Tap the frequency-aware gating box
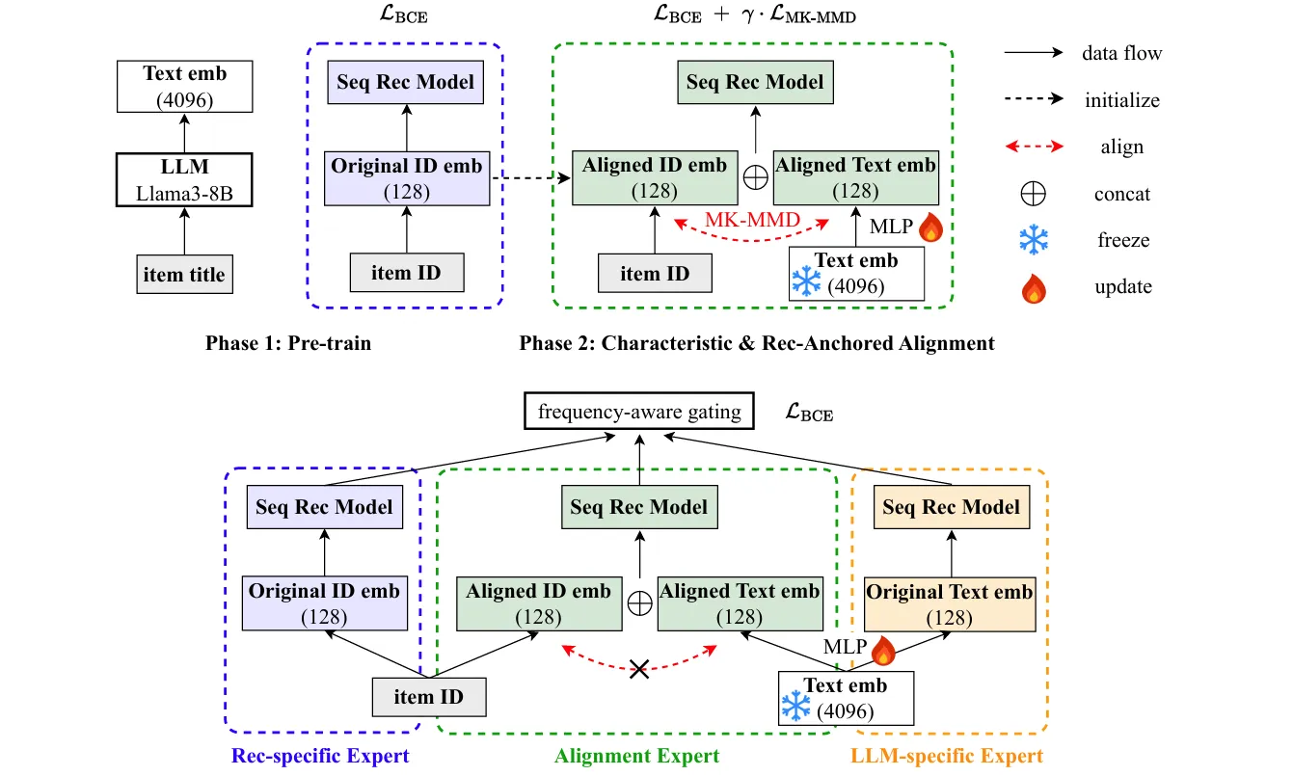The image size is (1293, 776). pyautogui.click(x=639, y=413)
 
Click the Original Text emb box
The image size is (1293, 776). pyautogui.click(x=950, y=604)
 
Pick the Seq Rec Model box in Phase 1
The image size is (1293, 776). pyautogui.click(x=405, y=81)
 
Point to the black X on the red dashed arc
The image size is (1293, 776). pyautogui.click(x=638, y=668)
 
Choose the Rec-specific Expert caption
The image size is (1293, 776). pyautogui.click(x=320, y=756)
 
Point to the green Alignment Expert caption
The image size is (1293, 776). pyautogui.click(x=637, y=756)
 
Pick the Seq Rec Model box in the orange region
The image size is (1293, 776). pyautogui.click(x=951, y=506)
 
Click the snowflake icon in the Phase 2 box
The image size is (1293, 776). pyautogui.click(x=806, y=281)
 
